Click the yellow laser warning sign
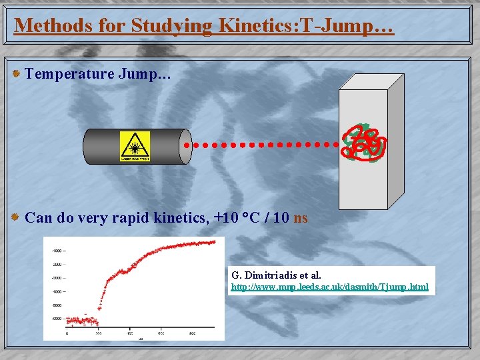[x=135, y=146]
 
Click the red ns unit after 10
[x=301, y=217]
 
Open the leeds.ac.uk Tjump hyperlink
[x=329, y=287]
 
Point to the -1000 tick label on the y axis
[x=58, y=251]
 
